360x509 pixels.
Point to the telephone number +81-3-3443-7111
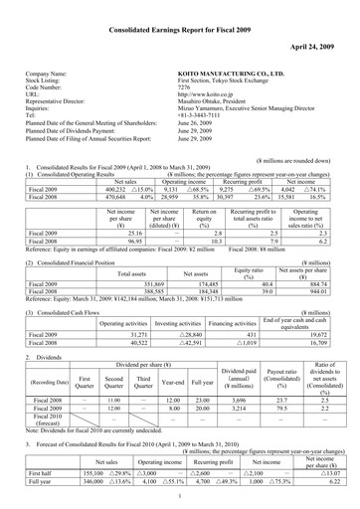point(208,122)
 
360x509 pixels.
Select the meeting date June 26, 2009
point(202,131)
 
